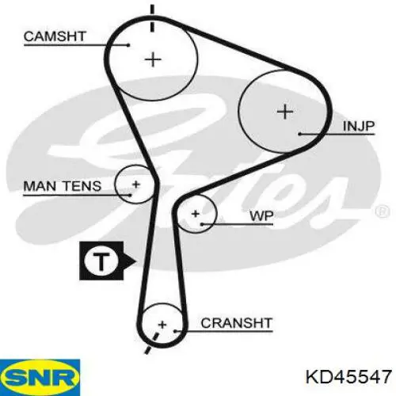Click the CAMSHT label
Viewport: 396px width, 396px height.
[55, 36]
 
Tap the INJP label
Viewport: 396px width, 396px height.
[359, 126]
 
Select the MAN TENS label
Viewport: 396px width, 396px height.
[63, 186]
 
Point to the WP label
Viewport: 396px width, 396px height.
[261, 216]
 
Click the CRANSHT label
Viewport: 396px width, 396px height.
[237, 323]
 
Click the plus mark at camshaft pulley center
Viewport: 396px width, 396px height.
[153, 59]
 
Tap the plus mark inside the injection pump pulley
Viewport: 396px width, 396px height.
[285, 112]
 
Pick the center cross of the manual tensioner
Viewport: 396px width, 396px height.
[136, 185]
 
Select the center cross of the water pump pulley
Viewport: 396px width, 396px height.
[196, 214]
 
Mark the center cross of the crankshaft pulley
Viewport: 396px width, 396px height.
[162, 325]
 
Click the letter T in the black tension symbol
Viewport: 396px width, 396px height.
[101, 261]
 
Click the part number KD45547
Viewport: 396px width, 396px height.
[348, 376]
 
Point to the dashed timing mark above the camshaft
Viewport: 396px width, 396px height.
[152, 18]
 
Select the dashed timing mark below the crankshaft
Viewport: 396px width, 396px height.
[152, 343]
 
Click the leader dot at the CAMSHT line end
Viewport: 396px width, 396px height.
[128, 45]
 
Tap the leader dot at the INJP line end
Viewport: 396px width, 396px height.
[300, 134]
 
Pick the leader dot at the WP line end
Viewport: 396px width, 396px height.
[202, 224]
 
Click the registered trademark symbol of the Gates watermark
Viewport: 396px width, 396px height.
[382, 211]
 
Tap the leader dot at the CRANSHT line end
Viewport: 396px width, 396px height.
[175, 330]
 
